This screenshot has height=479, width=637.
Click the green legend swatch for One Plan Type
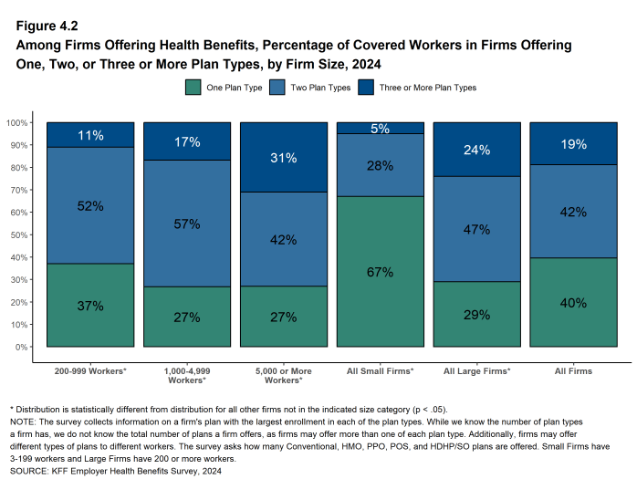[x=193, y=88]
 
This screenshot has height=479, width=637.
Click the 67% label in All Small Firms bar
[x=380, y=272]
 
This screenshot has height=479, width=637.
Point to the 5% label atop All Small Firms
[x=380, y=129]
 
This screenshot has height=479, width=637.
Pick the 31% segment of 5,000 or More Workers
[x=283, y=158]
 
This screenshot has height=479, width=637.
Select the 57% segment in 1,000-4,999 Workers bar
[x=186, y=224]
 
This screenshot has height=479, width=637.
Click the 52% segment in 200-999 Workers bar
[x=89, y=206]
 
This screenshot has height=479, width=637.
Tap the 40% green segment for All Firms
[x=573, y=303]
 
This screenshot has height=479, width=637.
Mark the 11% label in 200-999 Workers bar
[x=89, y=135]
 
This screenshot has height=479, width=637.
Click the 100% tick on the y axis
[x=17, y=123]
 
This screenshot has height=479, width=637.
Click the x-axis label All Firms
[x=573, y=371]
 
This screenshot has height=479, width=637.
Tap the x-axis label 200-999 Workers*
[x=89, y=371]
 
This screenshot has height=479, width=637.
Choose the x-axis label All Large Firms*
[x=476, y=371]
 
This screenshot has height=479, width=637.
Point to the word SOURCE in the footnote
[x=30, y=471]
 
